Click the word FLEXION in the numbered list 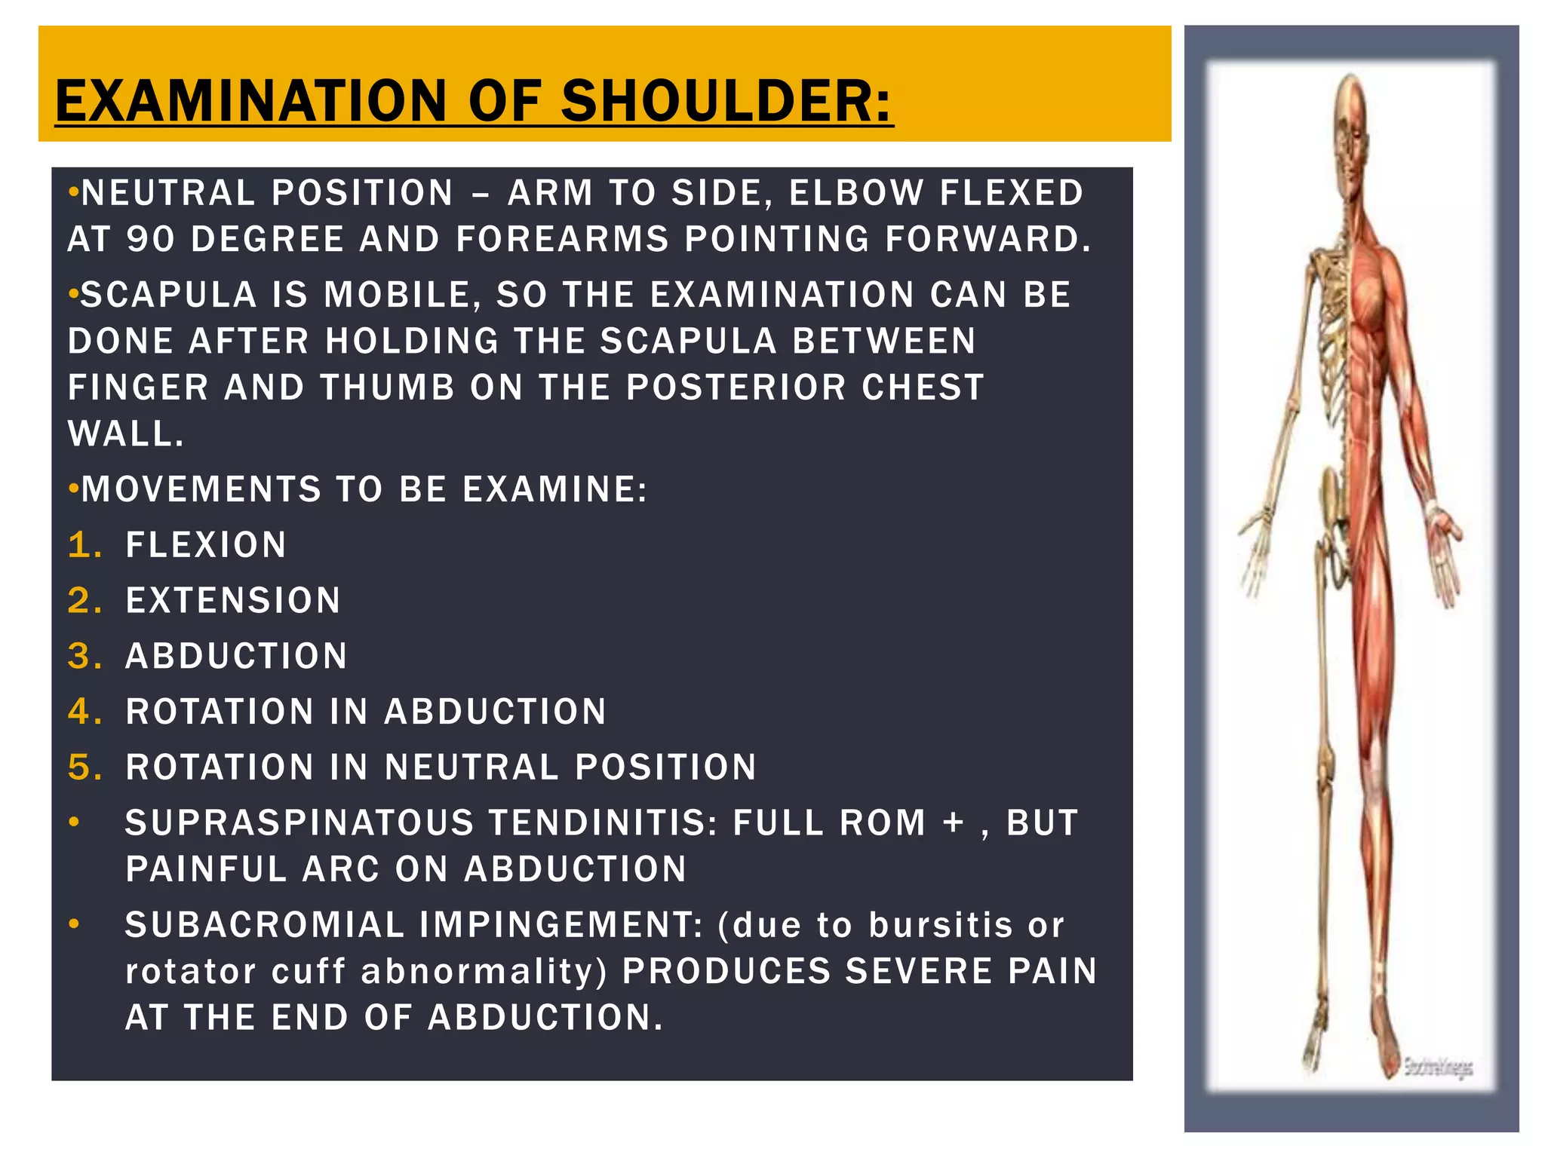coord(206,545)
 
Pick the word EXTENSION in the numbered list coord(233,601)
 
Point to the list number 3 coord(83,656)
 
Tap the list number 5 coord(83,767)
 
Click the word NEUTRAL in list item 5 coord(471,767)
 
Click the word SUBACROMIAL coord(265,925)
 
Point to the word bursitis coord(940,925)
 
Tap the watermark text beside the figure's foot coord(1438,1067)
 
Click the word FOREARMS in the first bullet coord(562,240)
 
